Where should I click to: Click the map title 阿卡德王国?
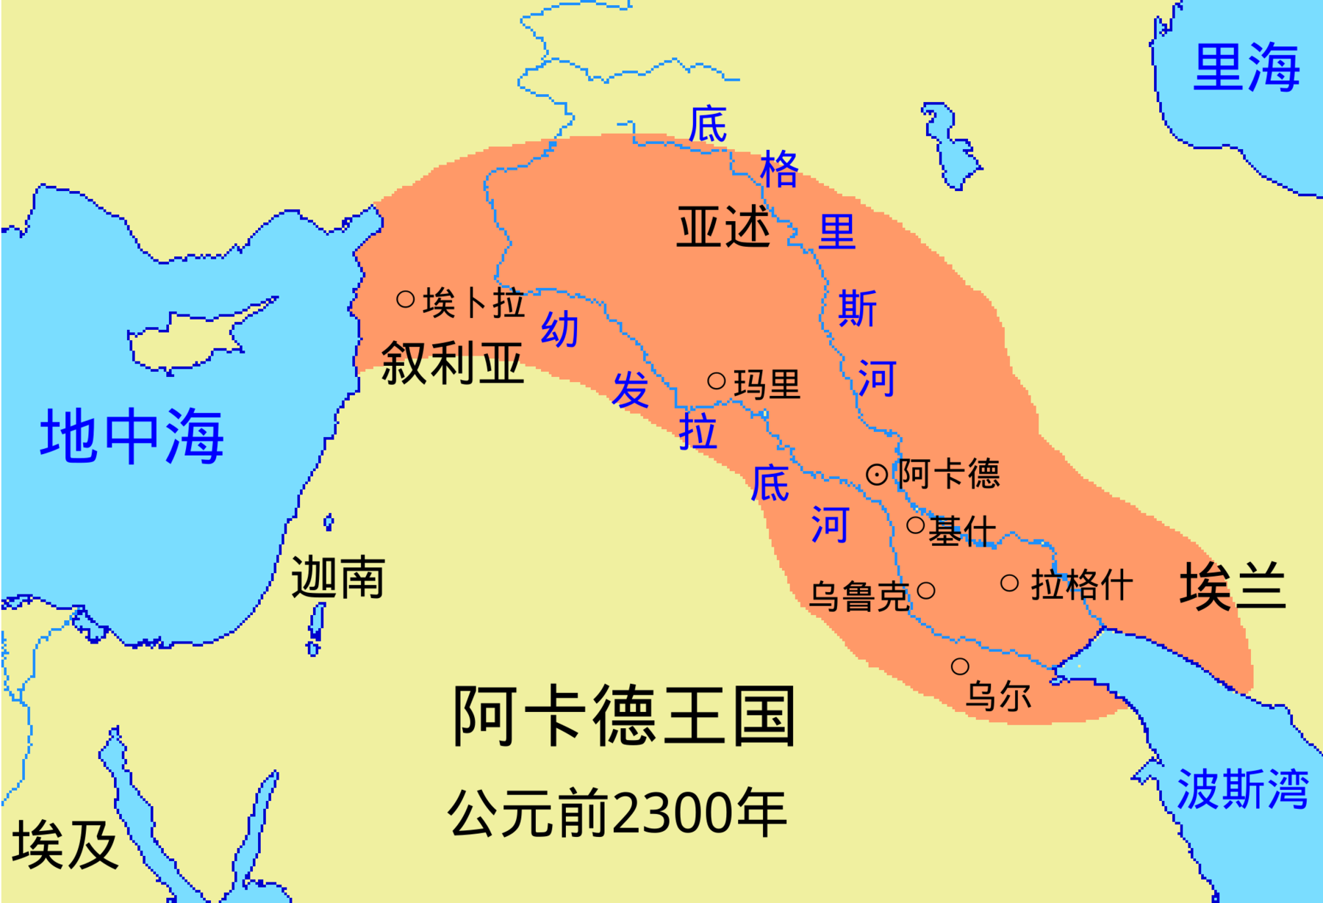(x=623, y=716)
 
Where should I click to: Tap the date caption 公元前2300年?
(x=617, y=813)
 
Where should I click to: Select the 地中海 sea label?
(x=132, y=436)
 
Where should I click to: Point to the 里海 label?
(x=1246, y=68)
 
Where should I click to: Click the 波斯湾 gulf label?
(x=1242, y=790)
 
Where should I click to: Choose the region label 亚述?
(x=723, y=227)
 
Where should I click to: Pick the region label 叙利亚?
(x=453, y=363)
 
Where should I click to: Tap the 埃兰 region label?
(x=1233, y=586)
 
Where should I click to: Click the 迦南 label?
(x=338, y=578)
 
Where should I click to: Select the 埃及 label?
(x=65, y=845)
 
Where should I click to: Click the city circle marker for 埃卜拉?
(x=406, y=299)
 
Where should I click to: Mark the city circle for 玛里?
(x=717, y=381)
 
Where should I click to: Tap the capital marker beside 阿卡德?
(x=877, y=475)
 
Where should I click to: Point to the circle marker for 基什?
(x=916, y=525)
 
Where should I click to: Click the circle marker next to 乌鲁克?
(x=926, y=590)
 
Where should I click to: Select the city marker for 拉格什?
(x=1010, y=583)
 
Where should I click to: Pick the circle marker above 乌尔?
(x=960, y=666)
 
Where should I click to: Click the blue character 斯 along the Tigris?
(x=858, y=308)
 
